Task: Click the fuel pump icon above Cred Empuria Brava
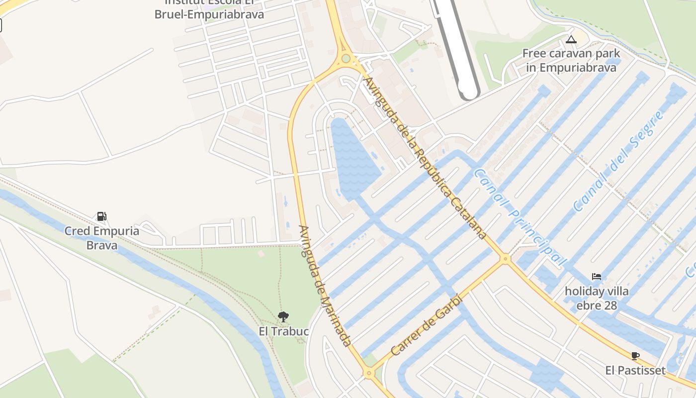(101, 216)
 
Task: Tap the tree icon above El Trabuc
(283, 316)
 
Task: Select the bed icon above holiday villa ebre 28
(597, 277)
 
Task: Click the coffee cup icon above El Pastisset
(635, 356)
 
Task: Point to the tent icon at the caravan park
(571, 39)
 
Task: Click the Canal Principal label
(520, 217)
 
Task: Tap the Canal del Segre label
(618, 162)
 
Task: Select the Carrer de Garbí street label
(427, 325)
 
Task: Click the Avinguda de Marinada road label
(325, 286)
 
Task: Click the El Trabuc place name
(284, 331)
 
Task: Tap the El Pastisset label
(635, 371)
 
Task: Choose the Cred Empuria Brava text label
(102, 238)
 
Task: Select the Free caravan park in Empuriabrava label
(571, 60)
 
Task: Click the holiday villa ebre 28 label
(597, 298)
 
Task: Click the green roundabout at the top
(346, 59)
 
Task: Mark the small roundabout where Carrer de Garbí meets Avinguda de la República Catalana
(506, 259)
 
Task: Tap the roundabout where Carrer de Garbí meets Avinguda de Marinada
(368, 373)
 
